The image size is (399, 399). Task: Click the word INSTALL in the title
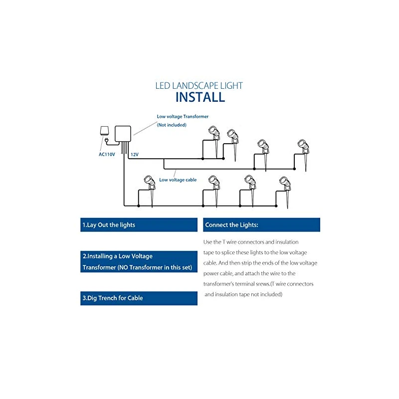199,96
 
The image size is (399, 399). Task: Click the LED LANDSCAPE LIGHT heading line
199,85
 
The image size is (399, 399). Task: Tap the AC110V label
107,154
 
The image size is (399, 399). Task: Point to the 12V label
134,155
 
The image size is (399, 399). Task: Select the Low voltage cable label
178,180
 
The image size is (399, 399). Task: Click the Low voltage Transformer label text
183,116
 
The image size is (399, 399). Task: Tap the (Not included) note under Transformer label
172,125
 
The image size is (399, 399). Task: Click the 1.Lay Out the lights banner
139,225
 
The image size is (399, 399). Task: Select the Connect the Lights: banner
261,225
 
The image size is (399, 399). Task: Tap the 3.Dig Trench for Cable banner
139,298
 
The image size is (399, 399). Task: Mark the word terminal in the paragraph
249,284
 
